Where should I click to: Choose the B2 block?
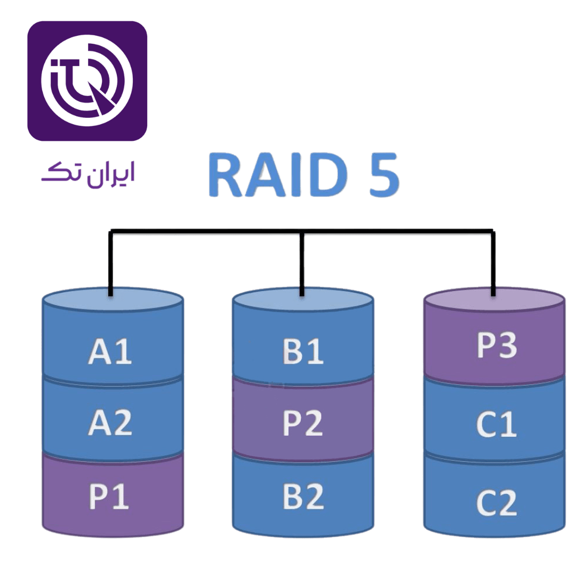pos(303,496)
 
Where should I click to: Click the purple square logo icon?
pos(87,81)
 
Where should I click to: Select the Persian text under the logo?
pos(88,174)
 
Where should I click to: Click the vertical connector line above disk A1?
pos(110,264)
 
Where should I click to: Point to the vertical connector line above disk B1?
pos(302,264)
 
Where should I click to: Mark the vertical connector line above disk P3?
pos(493,264)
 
